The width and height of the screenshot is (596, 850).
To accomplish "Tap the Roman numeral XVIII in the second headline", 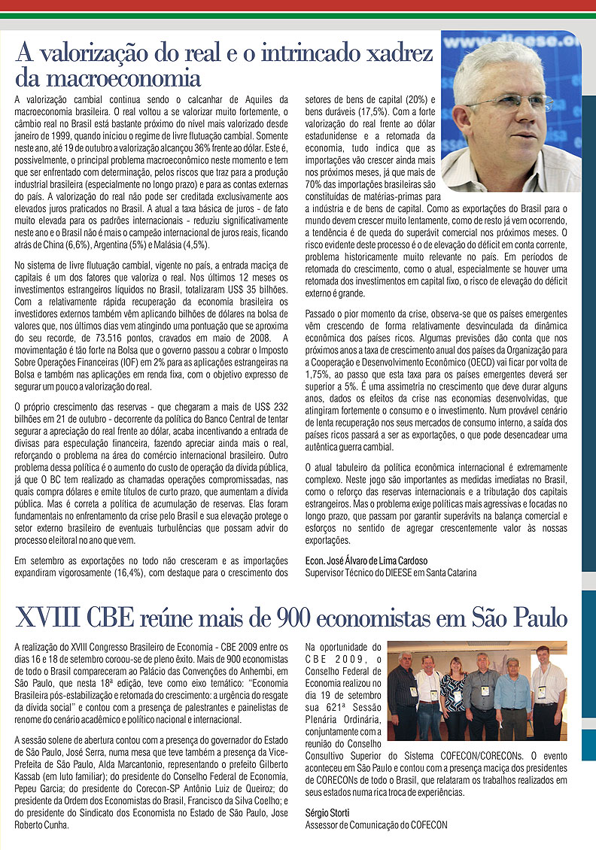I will tap(47, 618).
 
